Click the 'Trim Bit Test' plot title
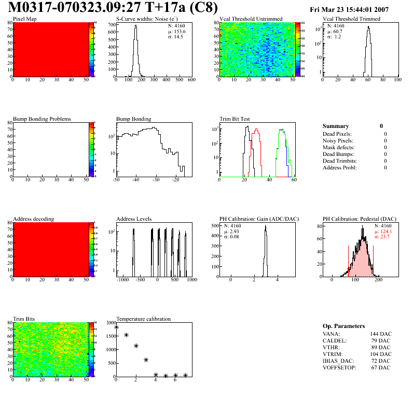click(235, 119)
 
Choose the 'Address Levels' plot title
click(134, 219)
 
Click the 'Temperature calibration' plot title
click(143, 319)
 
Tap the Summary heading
click(336, 126)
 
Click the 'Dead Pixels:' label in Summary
click(337, 134)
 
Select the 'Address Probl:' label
click(339, 168)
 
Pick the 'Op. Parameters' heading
click(343, 326)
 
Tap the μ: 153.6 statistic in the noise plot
click(177, 31)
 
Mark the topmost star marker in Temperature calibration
click(116, 327)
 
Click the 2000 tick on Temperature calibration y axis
click(110, 323)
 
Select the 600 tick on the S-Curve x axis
click(191, 80)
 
